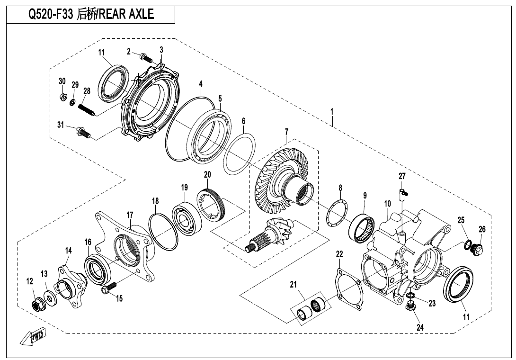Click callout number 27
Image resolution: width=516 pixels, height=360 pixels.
tap(402, 176)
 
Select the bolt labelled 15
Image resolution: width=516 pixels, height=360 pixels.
tap(108, 288)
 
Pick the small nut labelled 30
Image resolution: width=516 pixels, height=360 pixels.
tap(63, 97)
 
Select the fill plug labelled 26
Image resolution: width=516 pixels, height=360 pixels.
tap(478, 249)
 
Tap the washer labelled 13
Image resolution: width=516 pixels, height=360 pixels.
tap(49, 298)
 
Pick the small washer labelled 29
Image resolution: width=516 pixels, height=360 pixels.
tap(72, 102)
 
